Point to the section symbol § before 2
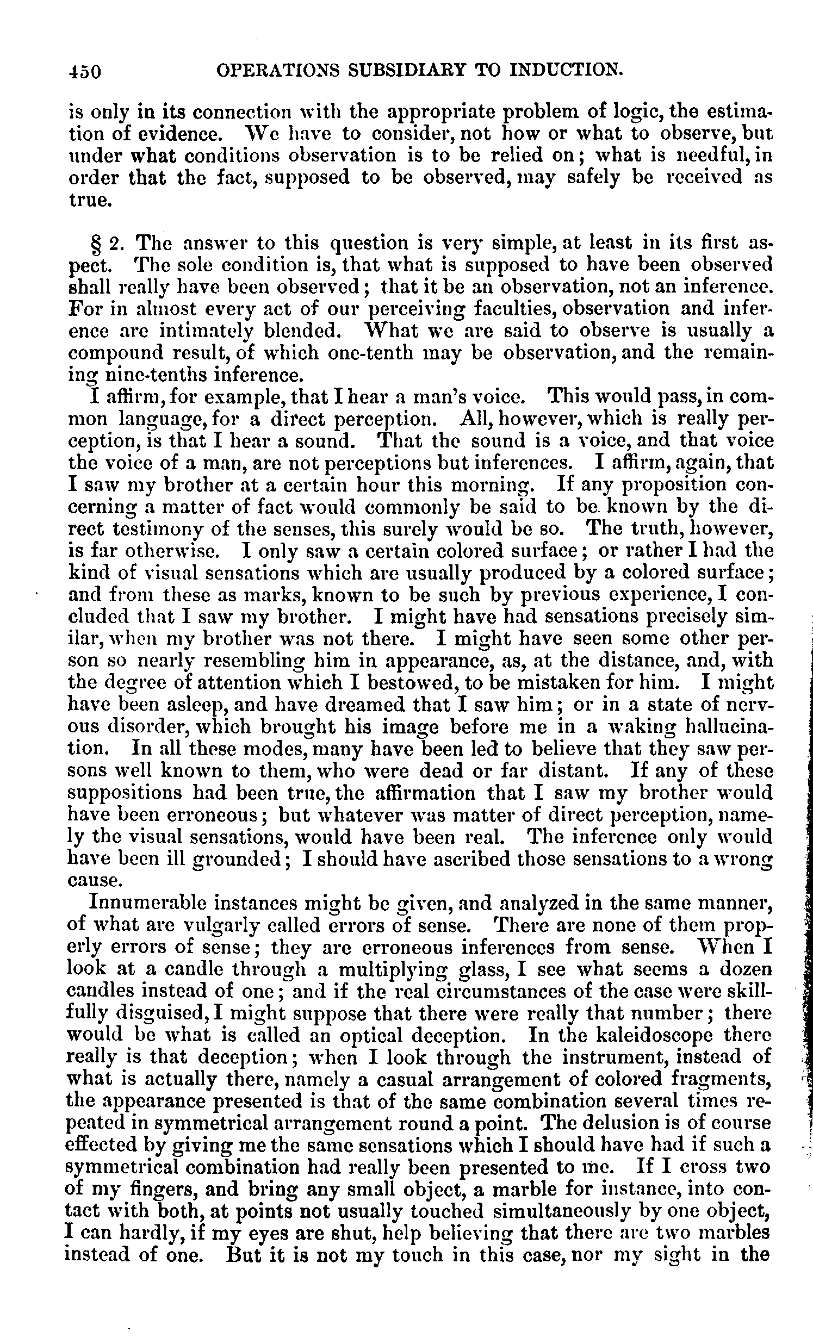(95, 242)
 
